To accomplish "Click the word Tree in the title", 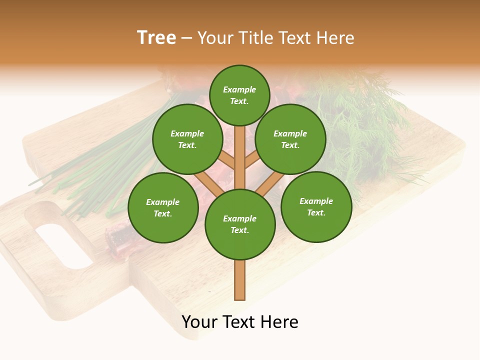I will (156, 38).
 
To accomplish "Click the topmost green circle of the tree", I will (239, 95).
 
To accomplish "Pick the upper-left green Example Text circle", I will (187, 139).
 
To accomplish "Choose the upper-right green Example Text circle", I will (290, 139).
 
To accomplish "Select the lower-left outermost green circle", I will (163, 207).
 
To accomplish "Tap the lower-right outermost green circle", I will (316, 206).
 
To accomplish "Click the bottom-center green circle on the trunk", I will (240, 224).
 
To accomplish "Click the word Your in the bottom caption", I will (200, 322).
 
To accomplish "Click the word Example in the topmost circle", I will (239, 89).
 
